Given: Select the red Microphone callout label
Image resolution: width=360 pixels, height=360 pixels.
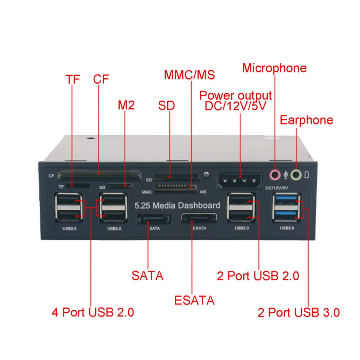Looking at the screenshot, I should point(274,68).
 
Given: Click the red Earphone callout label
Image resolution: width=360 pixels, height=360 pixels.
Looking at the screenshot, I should point(306,120).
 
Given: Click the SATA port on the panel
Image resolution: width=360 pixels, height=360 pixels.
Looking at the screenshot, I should point(154,219).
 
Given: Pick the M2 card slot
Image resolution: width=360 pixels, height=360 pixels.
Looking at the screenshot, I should point(120,185).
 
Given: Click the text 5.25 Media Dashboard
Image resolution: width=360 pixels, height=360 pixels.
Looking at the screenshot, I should point(177,205).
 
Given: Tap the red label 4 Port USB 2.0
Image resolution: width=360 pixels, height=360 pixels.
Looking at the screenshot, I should point(93,312).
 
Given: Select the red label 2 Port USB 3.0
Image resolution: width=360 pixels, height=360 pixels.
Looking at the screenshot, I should point(298,312).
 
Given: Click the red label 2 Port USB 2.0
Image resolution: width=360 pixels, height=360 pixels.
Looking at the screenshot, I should point(258,276).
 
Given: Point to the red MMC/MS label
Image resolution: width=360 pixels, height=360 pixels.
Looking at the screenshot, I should point(189,75).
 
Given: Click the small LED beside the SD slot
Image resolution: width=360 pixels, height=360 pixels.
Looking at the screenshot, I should point(206,174).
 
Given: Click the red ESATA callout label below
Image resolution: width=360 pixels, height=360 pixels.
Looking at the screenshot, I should point(194,300).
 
